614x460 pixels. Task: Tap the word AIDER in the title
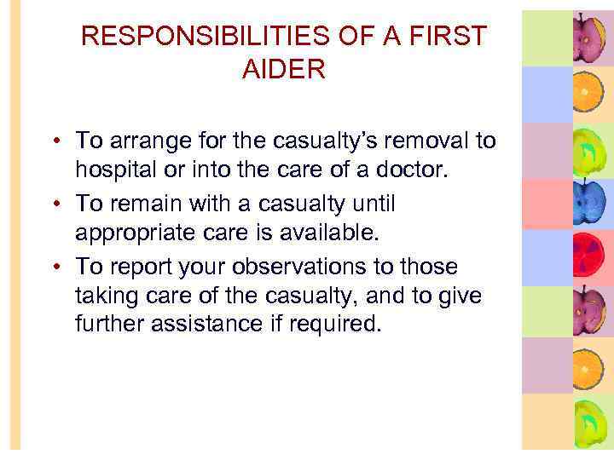coord(284,70)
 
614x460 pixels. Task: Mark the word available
coord(304,233)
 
